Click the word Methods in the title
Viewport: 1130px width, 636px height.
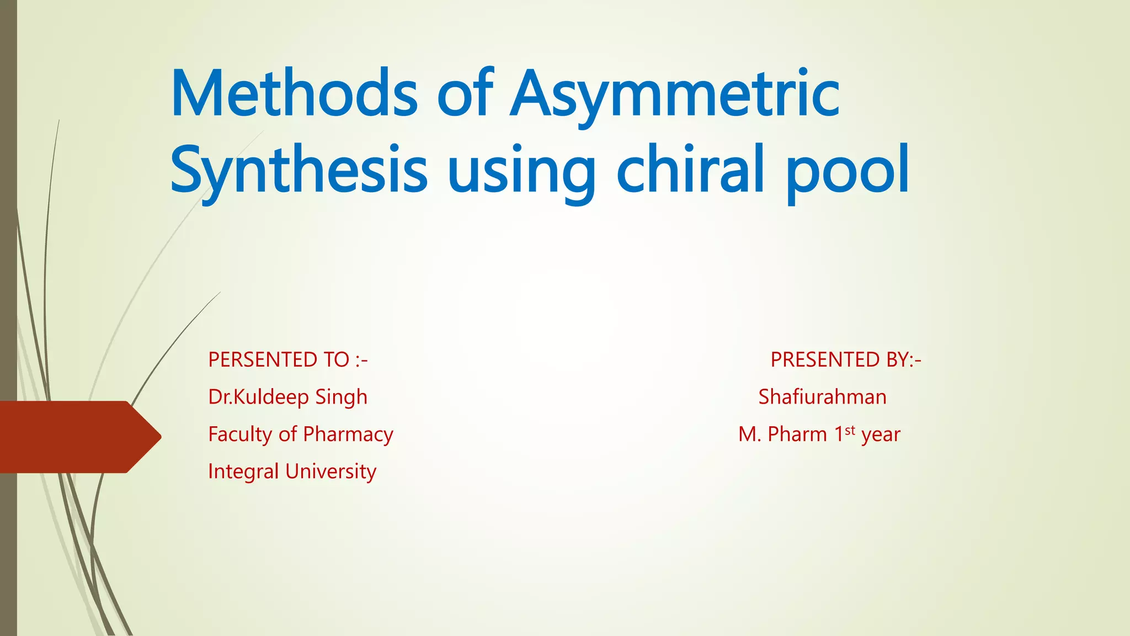(x=294, y=94)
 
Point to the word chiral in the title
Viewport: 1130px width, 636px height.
(x=690, y=169)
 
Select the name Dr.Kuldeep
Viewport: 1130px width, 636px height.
(x=258, y=397)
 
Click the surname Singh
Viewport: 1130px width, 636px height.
(x=341, y=397)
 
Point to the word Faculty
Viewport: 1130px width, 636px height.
(x=240, y=434)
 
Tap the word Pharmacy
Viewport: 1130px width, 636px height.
(x=348, y=434)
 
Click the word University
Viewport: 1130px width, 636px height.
(x=331, y=471)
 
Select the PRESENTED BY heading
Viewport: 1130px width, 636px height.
(x=845, y=360)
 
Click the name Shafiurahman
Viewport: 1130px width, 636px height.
(x=822, y=397)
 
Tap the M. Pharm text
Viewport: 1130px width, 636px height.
(x=782, y=434)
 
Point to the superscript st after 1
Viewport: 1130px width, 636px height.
(x=850, y=430)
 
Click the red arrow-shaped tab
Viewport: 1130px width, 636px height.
(x=77, y=437)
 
